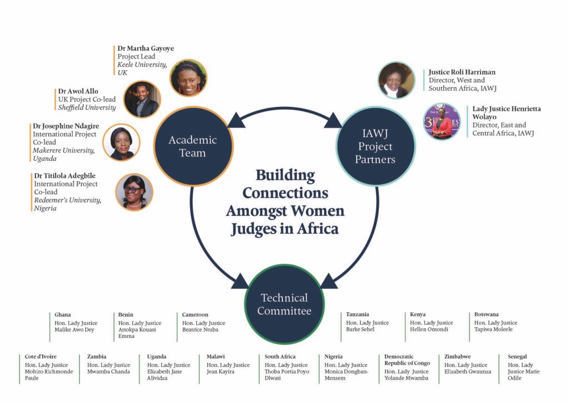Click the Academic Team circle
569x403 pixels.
pos(192,146)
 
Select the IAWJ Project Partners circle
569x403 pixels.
pos(375,146)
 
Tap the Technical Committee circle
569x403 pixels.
pos(284,304)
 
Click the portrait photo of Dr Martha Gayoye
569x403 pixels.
pos(188,78)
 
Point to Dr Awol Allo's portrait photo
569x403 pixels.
pos(142,100)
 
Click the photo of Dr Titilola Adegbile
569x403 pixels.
pos(134,192)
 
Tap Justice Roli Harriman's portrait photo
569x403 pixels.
pos(396,80)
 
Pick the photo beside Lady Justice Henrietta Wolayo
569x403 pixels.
pos(442,121)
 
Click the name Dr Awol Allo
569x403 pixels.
pos(78,91)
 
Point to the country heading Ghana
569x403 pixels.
pos(63,314)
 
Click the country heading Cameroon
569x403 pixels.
pos(195,314)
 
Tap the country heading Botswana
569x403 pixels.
pos(486,314)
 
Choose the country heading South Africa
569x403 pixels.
pos(280,356)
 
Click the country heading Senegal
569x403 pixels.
pos(517,356)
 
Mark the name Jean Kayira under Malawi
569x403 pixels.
pos(221,371)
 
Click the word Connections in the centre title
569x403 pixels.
pos(285,193)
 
